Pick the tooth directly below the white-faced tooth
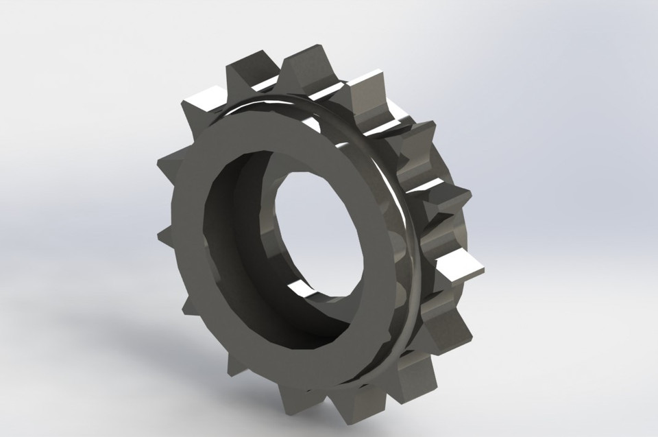pyautogui.click(x=446, y=322)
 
